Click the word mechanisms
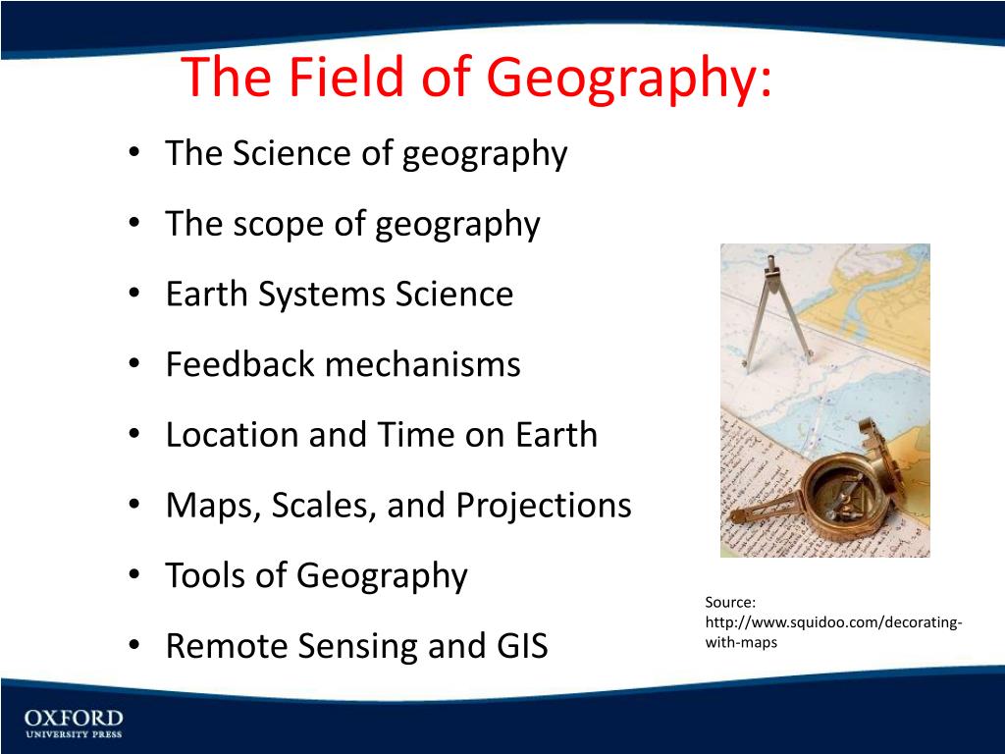(x=423, y=364)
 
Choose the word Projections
(x=543, y=506)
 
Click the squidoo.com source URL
(x=832, y=623)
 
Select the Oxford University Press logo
(x=74, y=724)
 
